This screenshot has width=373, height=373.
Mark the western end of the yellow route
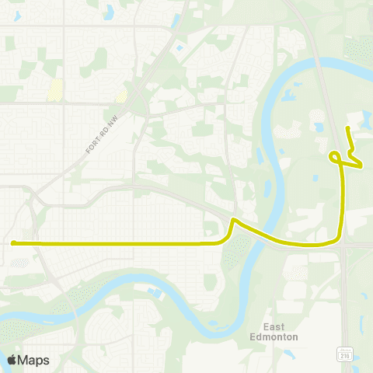(13, 242)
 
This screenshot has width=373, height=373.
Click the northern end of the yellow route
(347, 127)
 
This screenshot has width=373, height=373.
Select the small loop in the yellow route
(335, 157)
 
